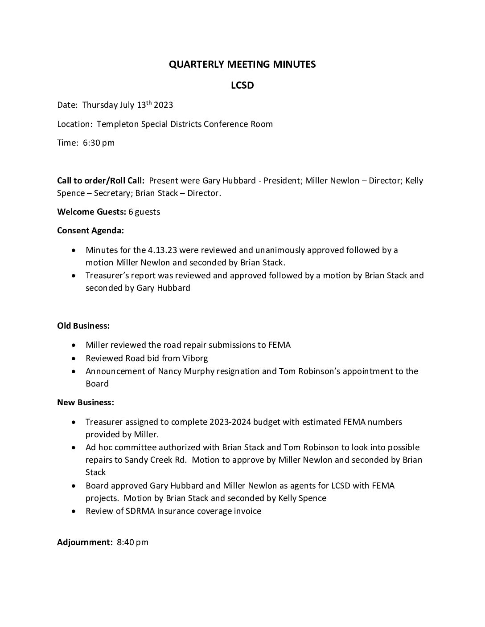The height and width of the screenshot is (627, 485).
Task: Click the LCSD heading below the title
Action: pyautogui.click(x=242, y=85)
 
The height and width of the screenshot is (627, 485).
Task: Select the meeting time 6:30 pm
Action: pyautogui.click(x=99, y=143)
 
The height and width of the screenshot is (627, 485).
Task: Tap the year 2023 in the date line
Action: pyautogui.click(x=163, y=105)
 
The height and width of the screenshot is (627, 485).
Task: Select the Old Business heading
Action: pyautogui.click(x=83, y=326)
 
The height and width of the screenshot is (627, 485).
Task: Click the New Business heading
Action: pyautogui.click(x=86, y=403)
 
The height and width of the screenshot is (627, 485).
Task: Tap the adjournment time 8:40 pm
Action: pyautogui.click(x=133, y=542)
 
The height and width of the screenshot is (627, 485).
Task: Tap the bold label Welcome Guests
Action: pyautogui.click(x=92, y=212)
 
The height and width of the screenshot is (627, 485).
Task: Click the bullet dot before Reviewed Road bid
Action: pyautogui.click(x=74, y=358)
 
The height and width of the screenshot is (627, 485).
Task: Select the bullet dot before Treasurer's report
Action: pyautogui.click(x=74, y=276)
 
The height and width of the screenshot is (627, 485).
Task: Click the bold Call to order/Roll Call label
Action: pyautogui.click(x=101, y=181)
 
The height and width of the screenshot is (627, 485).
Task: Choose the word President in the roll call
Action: pyautogui.click(x=282, y=181)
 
